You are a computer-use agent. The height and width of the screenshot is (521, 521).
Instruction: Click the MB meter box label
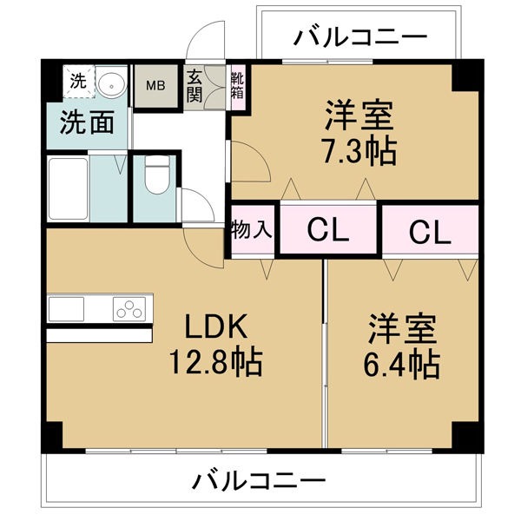pyautogui.click(x=155, y=86)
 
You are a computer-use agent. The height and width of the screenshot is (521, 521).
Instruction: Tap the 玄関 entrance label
pyautogui.click(x=195, y=86)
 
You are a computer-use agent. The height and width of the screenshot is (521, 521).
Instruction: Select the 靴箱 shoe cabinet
pyautogui.click(x=238, y=85)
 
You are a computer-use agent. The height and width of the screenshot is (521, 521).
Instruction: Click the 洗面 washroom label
pyautogui.click(x=87, y=122)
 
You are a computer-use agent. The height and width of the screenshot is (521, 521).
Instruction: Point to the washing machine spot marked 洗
pyautogui.click(x=78, y=81)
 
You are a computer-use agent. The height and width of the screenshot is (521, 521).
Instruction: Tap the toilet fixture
pyautogui.click(x=157, y=175)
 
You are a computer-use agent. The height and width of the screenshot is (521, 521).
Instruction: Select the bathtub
pyautogui.click(x=68, y=188)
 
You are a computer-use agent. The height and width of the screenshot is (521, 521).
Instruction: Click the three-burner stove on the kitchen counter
pyautogui.click(x=129, y=309)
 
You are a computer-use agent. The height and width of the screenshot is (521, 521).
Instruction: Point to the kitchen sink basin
pyautogui.click(x=67, y=309)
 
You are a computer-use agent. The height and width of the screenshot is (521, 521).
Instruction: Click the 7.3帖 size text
pyautogui.click(x=359, y=152)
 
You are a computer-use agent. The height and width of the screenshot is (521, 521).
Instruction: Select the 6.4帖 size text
pyautogui.click(x=402, y=366)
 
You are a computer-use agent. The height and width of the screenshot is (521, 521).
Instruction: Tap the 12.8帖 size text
pyautogui.click(x=215, y=362)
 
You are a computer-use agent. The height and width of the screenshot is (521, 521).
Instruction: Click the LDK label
pyautogui.click(x=215, y=326)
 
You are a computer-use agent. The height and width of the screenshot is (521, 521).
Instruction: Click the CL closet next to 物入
pyautogui.click(x=328, y=229)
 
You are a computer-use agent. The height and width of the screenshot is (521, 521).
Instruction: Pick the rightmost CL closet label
pyautogui.click(x=430, y=232)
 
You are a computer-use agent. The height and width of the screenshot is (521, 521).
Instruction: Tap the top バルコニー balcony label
pyautogui.click(x=360, y=36)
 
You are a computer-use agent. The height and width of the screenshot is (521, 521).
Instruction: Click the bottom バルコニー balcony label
pyautogui.click(x=259, y=480)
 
